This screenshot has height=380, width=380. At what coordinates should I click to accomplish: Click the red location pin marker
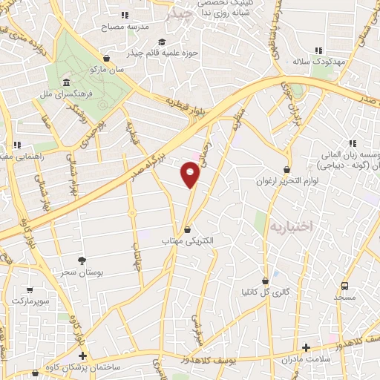[x=191, y=175]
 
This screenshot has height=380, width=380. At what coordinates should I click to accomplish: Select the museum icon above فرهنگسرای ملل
[x=67, y=82]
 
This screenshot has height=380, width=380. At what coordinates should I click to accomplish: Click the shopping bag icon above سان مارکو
[x=108, y=58]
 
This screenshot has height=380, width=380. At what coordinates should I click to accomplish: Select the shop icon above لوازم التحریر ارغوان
[x=286, y=169]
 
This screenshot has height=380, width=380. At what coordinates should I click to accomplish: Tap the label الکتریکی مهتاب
[x=187, y=240]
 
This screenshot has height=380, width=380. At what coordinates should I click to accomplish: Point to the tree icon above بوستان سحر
[x=82, y=261]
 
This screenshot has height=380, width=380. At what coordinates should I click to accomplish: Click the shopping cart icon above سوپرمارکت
[x=29, y=289]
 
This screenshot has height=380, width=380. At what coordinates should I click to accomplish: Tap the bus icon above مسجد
[x=344, y=286]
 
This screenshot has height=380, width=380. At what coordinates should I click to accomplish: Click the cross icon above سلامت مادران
[x=307, y=347]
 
